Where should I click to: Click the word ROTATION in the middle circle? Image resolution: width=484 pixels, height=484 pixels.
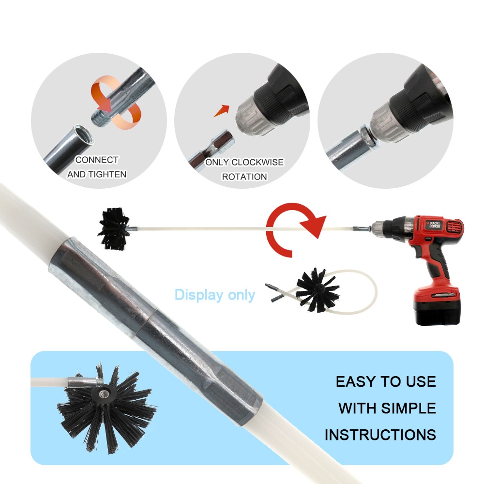(244, 177)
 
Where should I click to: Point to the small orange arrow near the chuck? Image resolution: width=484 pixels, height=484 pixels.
(222, 110)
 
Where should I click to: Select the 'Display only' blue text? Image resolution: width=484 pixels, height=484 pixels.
(214, 294)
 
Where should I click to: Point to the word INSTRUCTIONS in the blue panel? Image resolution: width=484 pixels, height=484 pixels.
(380, 434)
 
